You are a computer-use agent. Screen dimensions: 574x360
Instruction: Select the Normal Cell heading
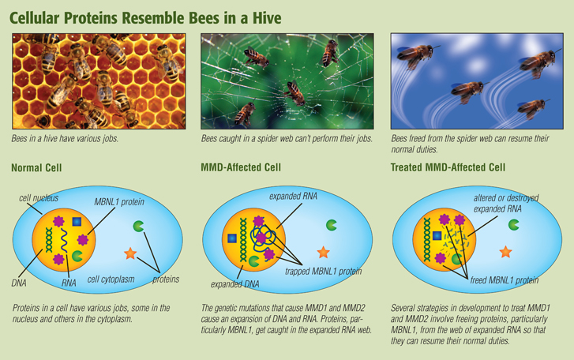(36, 167)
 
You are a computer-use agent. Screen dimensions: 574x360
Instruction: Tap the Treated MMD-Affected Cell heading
(448, 167)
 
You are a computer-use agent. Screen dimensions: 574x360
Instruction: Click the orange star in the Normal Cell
(130, 253)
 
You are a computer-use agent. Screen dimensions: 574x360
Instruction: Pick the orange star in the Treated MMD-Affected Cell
(505, 252)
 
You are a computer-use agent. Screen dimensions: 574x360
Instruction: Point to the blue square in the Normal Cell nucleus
(77, 222)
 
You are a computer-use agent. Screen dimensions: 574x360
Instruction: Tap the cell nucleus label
(39, 198)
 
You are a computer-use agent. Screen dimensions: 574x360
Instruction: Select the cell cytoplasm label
(111, 279)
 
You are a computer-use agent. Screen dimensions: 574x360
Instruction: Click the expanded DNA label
(234, 284)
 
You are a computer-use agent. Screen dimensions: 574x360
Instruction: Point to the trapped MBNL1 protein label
(323, 271)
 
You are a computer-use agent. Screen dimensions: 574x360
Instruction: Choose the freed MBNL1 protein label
(504, 280)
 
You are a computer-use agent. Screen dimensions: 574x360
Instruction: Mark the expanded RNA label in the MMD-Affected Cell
(293, 196)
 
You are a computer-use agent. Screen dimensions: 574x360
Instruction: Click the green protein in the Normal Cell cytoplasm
(138, 226)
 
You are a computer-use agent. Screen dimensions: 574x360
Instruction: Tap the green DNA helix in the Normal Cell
(49, 240)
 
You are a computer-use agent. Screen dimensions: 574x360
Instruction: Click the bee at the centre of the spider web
(295, 92)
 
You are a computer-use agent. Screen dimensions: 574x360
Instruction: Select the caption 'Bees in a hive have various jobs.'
(65, 139)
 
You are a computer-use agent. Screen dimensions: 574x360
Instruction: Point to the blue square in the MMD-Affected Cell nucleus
(232, 238)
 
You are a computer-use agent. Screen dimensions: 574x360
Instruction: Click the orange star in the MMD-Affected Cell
(323, 252)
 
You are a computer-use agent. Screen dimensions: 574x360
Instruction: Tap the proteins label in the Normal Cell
(166, 279)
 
